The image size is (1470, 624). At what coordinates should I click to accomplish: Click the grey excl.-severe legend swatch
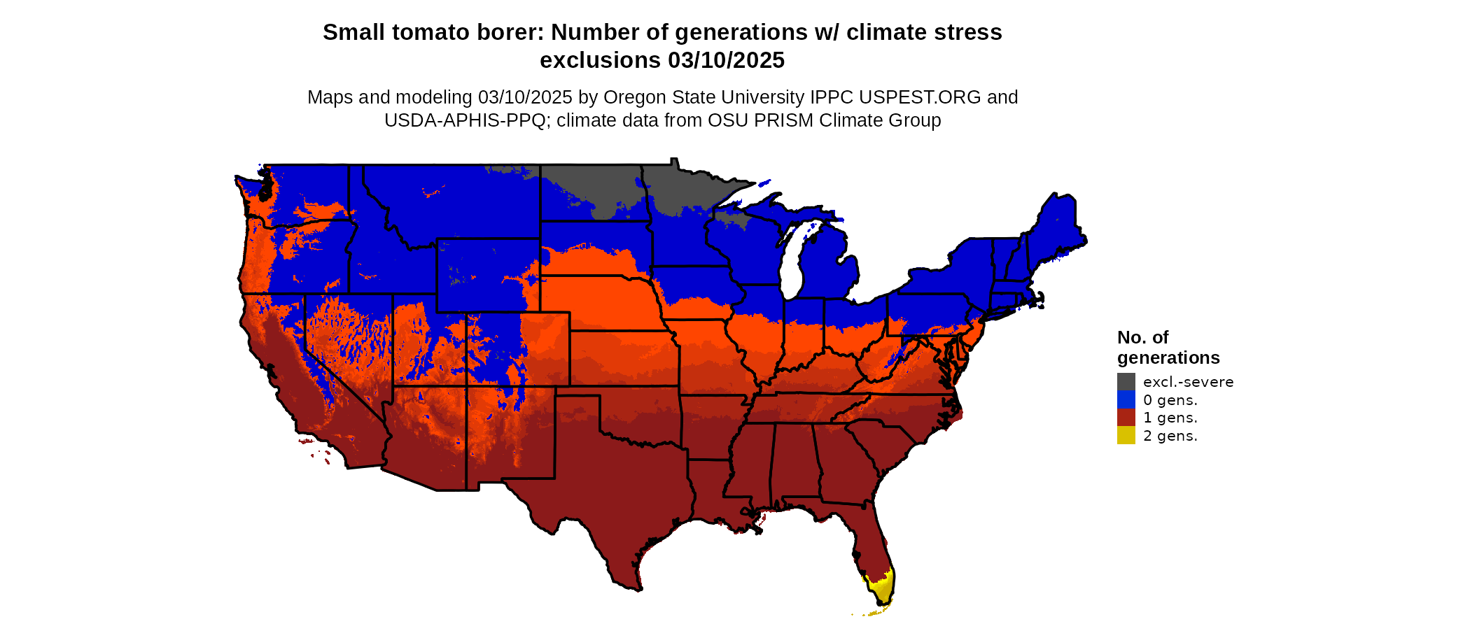point(1126,382)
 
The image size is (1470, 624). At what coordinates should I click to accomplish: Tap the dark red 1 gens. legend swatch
point(1126,418)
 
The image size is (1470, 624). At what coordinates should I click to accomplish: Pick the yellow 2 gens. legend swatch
point(1126,436)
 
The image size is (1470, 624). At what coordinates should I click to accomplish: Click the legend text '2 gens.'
point(1170,436)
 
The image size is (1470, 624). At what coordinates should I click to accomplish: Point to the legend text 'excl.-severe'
point(1188,382)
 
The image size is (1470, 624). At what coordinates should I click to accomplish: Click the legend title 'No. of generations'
point(1168,348)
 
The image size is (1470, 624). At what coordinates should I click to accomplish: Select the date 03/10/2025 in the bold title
point(726,60)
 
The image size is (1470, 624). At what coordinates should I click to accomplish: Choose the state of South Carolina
point(885,441)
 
